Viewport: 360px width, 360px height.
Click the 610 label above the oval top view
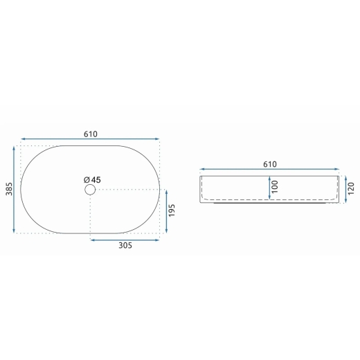pyautogui.click(x=91, y=134)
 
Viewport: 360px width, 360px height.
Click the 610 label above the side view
pyautogui.click(x=270, y=164)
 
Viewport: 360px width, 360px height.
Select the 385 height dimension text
pyautogui.click(x=9, y=189)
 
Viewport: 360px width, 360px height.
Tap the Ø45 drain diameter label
pyautogui.click(x=92, y=180)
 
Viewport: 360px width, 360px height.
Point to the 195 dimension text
pyautogui.click(x=172, y=210)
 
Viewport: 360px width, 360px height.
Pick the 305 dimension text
pyautogui.click(x=125, y=245)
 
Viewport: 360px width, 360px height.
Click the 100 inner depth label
pyautogui.click(x=275, y=187)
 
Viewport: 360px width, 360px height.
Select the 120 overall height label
pyautogui.click(x=351, y=188)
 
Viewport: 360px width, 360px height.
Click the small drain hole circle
pyautogui.click(x=90, y=190)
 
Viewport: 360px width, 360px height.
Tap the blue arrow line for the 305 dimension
pyautogui.click(x=125, y=240)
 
